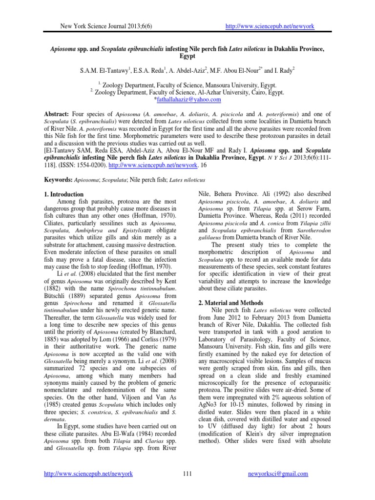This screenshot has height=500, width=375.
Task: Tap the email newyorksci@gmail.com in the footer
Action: point(278,474)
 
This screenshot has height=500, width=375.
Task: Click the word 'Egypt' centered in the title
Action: point(187,57)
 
